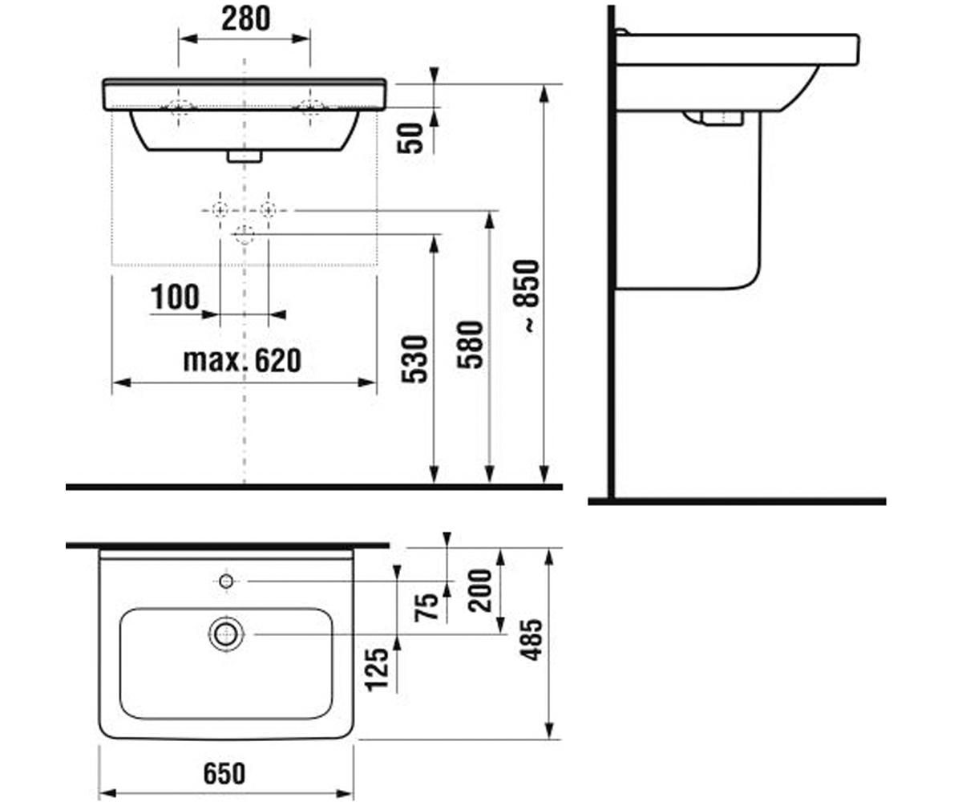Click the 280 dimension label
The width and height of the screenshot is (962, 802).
pyautogui.click(x=245, y=19)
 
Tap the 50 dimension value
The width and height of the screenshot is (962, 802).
pyautogui.click(x=410, y=138)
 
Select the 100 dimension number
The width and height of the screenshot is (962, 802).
pyautogui.click(x=175, y=297)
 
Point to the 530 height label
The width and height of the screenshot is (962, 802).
pyautogui.click(x=414, y=359)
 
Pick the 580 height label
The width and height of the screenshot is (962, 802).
pyautogui.click(x=470, y=345)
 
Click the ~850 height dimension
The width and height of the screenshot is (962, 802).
pyautogui.click(x=526, y=296)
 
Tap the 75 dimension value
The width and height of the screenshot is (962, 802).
pyautogui.click(x=426, y=606)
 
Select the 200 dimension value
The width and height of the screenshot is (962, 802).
pyautogui.click(x=480, y=591)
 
